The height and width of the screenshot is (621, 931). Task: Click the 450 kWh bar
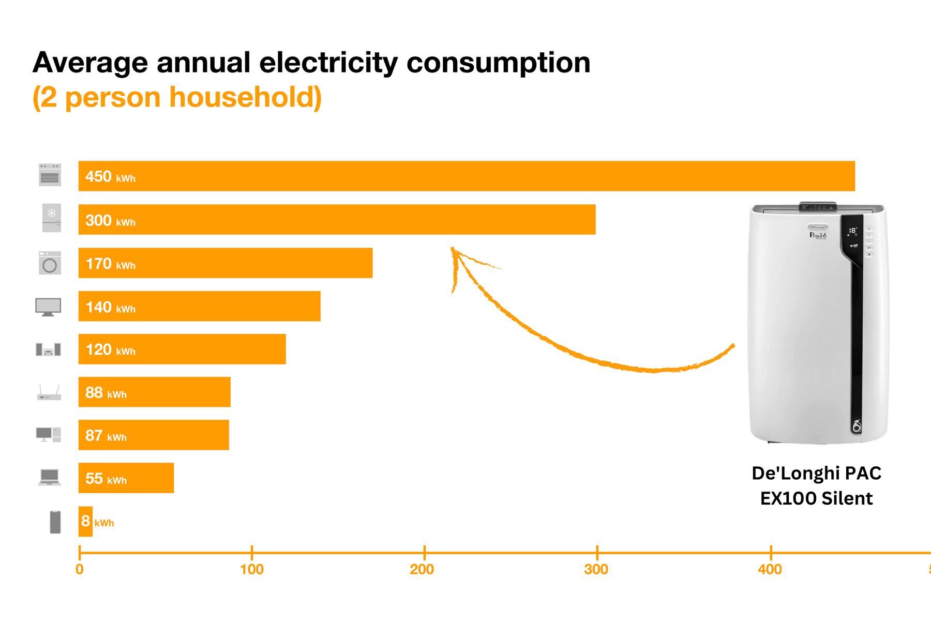[x=465, y=176]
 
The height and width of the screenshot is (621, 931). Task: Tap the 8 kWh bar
[x=85, y=521]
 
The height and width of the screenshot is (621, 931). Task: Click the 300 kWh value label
[x=110, y=220]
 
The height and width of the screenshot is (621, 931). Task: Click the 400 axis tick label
[x=770, y=569]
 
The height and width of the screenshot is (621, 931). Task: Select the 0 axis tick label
[x=79, y=569]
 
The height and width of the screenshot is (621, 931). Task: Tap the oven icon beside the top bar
[x=50, y=175]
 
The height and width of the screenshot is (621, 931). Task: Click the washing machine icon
[x=50, y=263]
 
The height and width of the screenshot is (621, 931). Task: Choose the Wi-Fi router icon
[x=49, y=393]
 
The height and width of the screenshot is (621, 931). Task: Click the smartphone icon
[x=55, y=522]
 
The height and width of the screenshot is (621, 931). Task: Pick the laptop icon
[x=50, y=477]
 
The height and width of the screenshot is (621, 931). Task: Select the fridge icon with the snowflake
[x=51, y=218]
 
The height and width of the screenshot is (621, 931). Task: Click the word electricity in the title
[x=328, y=63]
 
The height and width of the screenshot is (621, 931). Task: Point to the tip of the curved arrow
[x=453, y=249]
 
